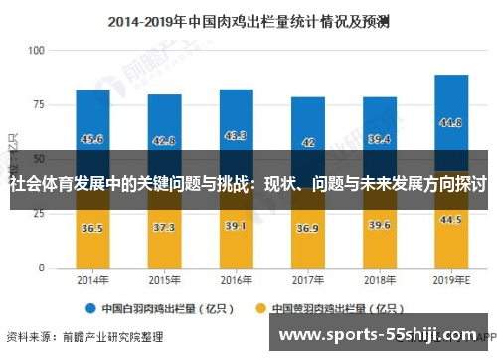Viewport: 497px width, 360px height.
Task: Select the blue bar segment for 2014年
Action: click(x=92, y=119)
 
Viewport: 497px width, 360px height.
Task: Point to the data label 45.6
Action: click(x=92, y=139)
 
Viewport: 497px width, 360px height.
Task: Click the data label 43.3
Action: click(x=236, y=136)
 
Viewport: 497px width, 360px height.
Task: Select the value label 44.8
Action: click(x=450, y=124)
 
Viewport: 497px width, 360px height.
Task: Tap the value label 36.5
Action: click(x=92, y=228)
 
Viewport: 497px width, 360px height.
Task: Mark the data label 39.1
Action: click(x=236, y=226)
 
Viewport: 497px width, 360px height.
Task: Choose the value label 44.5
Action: click(x=450, y=219)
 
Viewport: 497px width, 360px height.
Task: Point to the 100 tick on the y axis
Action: click(x=38, y=50)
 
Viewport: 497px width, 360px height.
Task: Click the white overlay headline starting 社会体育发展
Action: click(x=248, y=184)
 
